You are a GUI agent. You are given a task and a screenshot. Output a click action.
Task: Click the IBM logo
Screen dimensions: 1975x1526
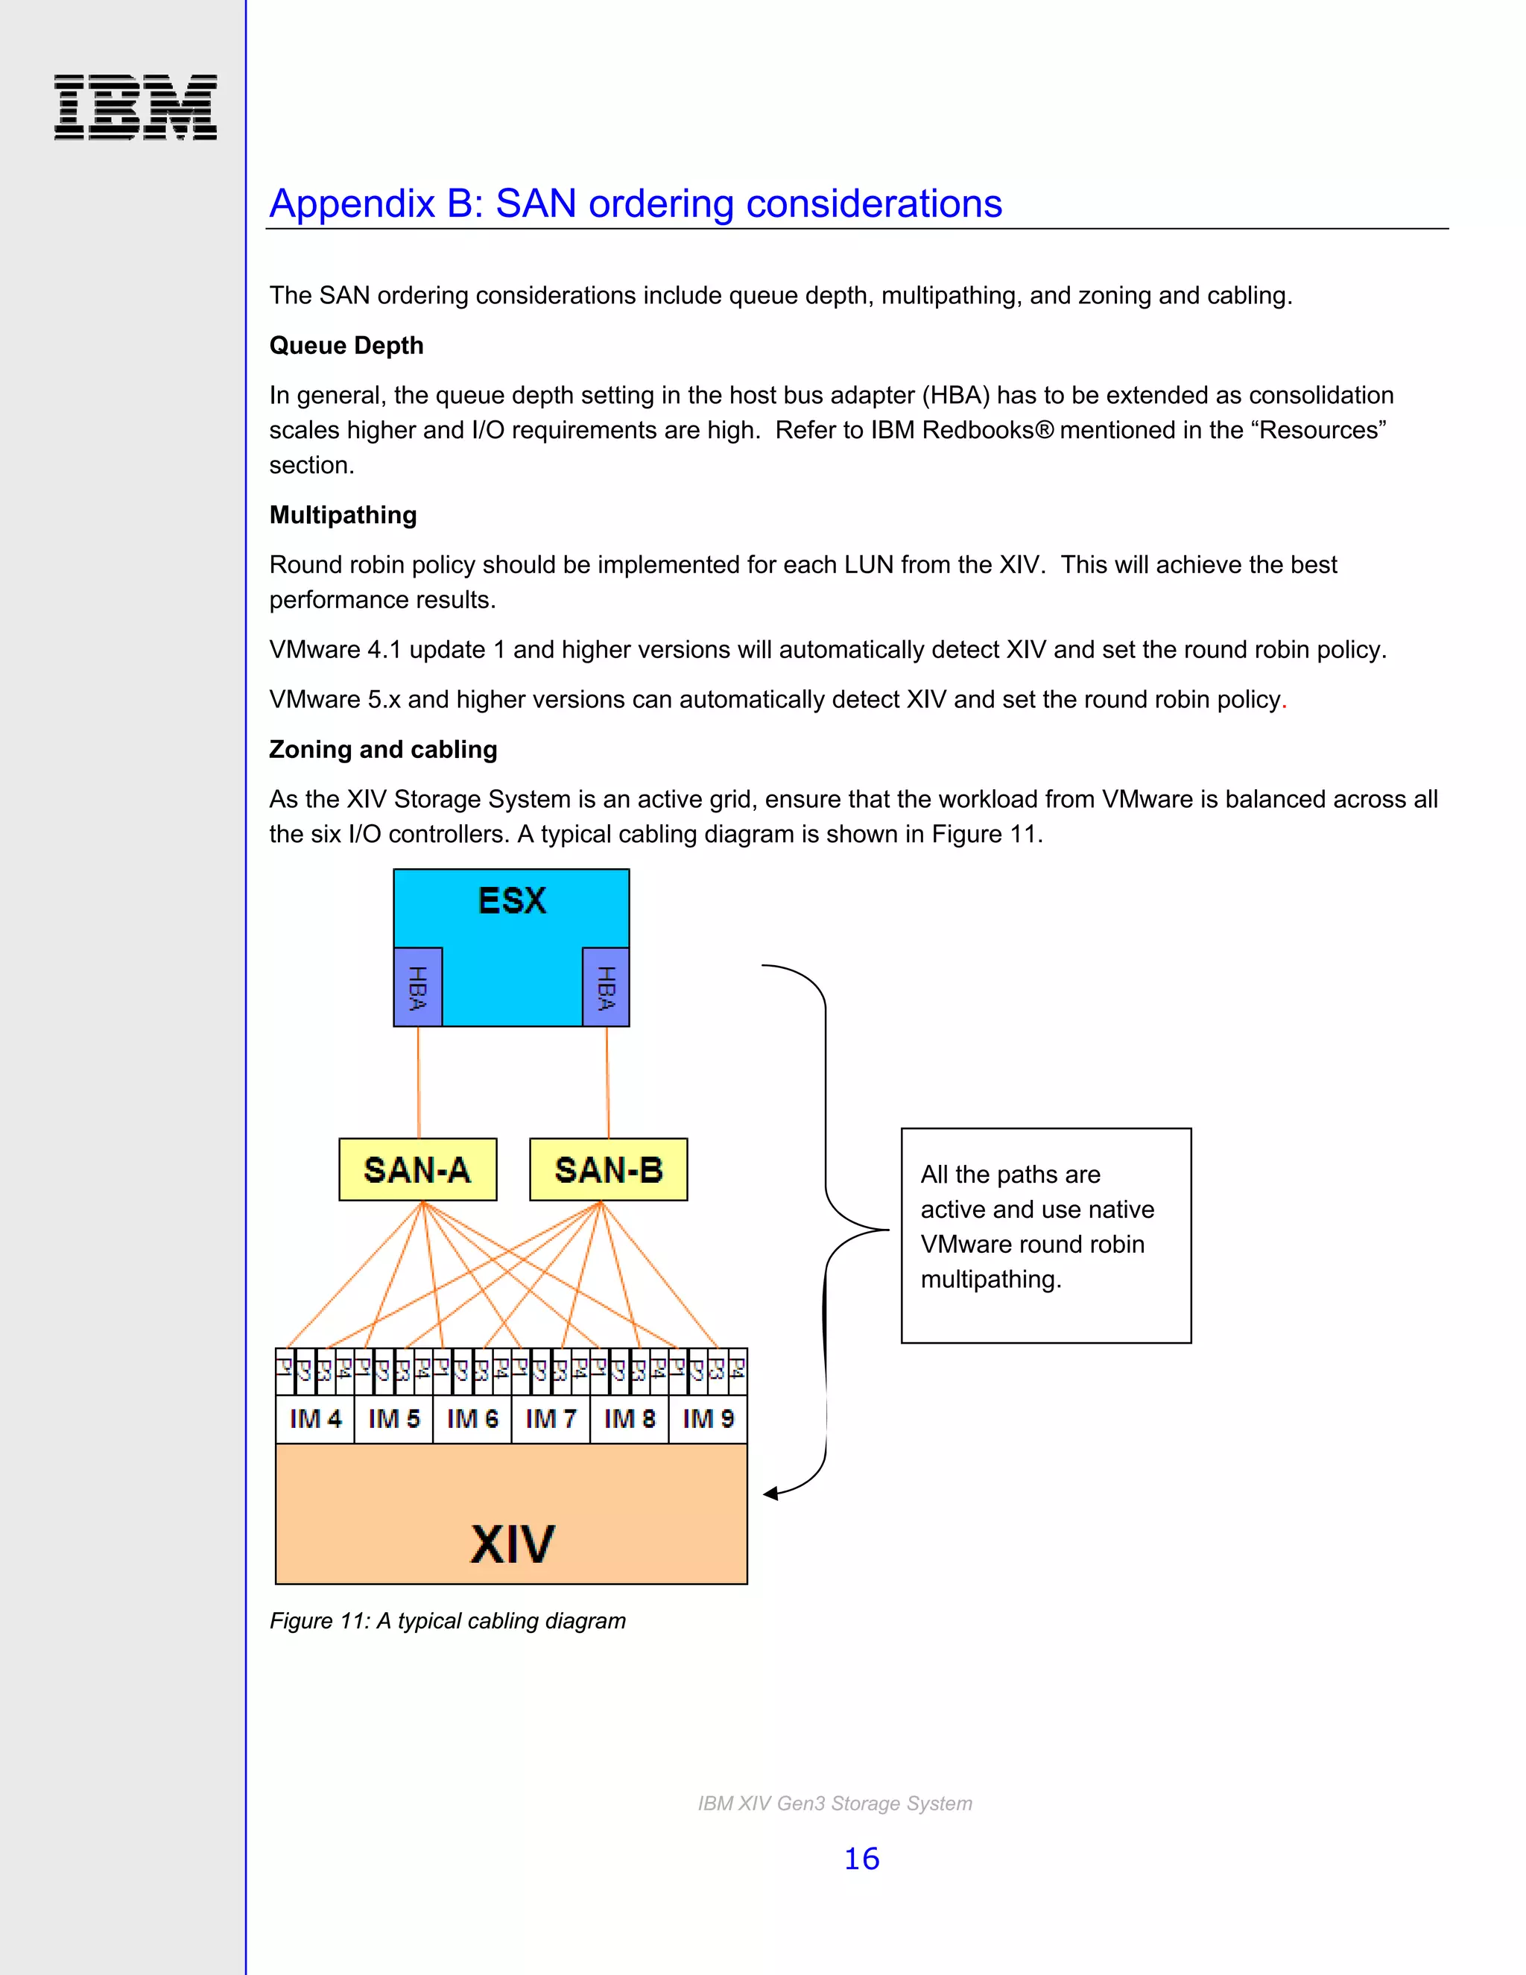click(136, 107)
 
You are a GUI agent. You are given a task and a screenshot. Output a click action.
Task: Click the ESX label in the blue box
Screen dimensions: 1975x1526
click(512, 901)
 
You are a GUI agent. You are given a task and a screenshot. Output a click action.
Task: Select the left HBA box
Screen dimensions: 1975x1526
click(418, 987)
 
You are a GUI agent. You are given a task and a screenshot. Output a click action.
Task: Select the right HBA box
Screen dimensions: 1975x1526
click(606, 987)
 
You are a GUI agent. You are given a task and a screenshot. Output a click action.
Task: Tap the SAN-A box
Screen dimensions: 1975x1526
click(418, 1169)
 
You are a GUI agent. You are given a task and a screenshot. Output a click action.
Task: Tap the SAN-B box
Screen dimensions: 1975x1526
click(609, 1169)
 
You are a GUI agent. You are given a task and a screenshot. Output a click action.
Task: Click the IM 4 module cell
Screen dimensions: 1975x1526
click(314, 1418)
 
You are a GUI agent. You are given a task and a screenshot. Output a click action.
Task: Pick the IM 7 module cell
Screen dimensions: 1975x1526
click(551, 1418)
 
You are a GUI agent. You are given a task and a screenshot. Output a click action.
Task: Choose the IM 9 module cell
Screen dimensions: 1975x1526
click(708, 1418)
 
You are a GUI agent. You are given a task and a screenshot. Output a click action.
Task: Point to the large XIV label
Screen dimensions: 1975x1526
click(512, 1543)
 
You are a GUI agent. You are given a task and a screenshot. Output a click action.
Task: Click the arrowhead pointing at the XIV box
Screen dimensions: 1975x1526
click(770, 1493)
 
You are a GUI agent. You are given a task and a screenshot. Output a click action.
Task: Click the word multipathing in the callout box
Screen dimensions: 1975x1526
click(990, 1280)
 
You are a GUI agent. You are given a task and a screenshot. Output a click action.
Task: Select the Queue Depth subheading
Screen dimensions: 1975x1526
click(346, 346)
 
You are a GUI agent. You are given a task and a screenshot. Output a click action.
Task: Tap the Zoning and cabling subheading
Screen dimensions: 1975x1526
click(383, 749)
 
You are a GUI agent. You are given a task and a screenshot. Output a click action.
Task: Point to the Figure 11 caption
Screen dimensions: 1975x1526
click(448, 1620)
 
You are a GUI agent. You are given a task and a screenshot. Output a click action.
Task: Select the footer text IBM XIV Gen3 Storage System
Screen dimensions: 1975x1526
click(835, 1803)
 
